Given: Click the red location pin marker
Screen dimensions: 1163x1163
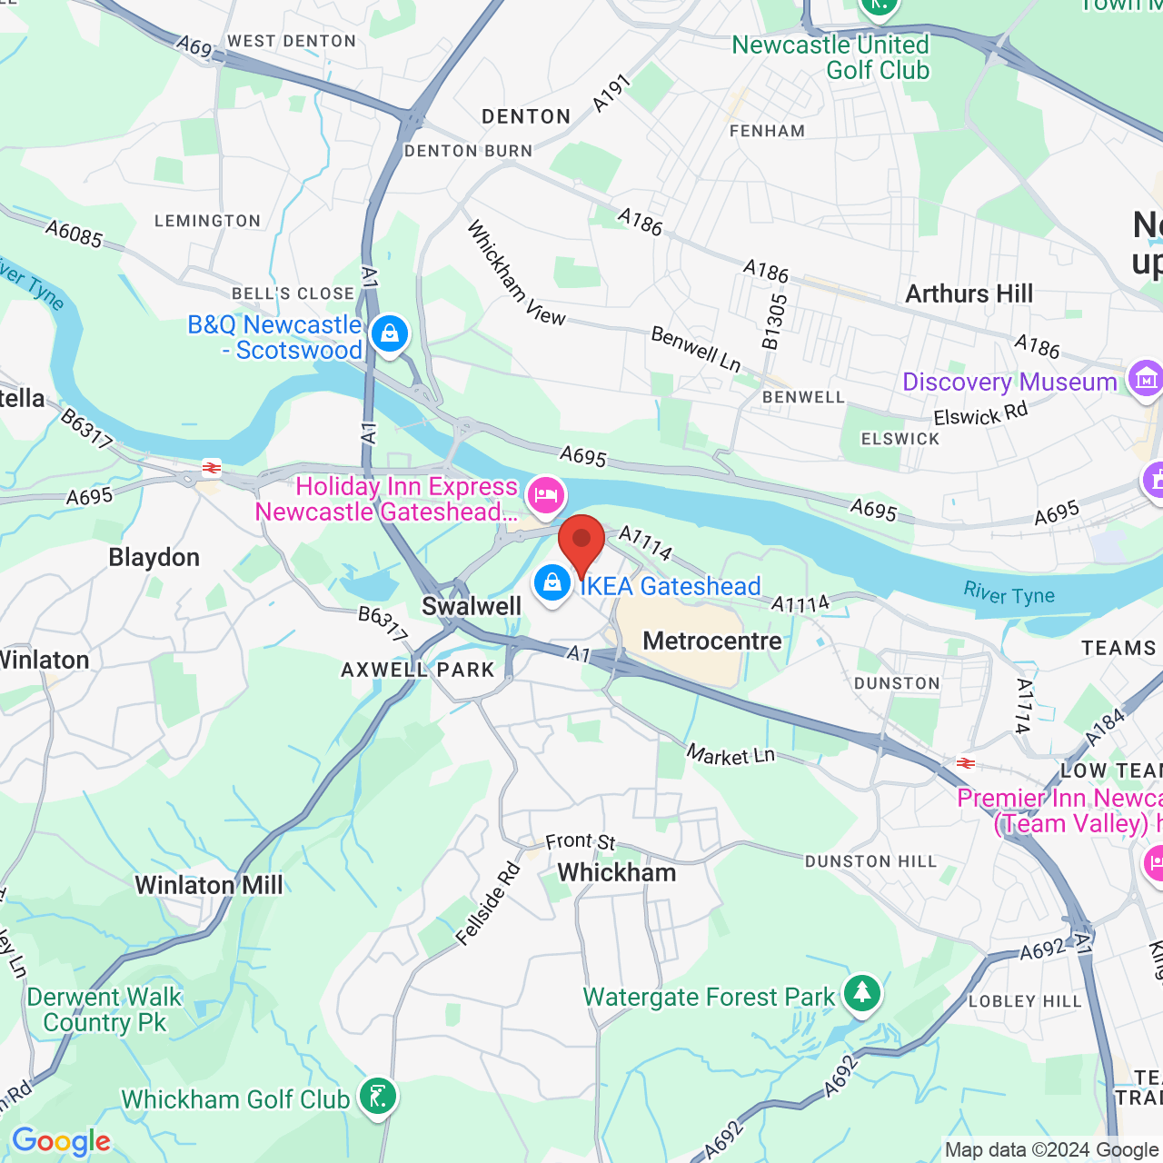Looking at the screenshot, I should [x=581, y=542].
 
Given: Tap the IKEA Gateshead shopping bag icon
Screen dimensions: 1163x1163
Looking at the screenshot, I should [x=552, y=584].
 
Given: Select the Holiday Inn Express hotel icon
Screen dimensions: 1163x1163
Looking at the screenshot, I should [x=545, y=495].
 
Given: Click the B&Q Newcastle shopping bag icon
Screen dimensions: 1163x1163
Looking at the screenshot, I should [x=390, y=334].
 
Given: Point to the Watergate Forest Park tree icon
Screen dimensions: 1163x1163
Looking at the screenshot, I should [x=861, y=993].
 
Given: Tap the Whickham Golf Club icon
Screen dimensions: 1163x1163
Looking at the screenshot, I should [x=377, y=1096].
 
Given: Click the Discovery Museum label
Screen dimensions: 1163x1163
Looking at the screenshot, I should [x=1009, y=383].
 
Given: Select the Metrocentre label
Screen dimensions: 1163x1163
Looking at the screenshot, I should [x=712, y=641].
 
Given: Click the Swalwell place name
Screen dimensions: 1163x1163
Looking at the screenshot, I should [x=472, y=607].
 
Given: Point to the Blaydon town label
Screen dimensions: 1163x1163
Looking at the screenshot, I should [x=154, y=558].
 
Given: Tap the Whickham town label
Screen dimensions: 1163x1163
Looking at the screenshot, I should [x=616, y=873].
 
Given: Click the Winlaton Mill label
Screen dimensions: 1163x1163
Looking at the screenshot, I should [x=209, y=885].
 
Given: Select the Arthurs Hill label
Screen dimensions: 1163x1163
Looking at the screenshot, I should [x=969, y=294].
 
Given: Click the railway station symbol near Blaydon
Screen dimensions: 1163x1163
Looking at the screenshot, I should [x=212, y=469].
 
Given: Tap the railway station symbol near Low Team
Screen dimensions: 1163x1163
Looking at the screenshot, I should [x=966, y=763].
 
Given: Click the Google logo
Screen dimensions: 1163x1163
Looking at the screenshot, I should [x=61, y=1141].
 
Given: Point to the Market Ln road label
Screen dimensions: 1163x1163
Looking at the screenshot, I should [x=731, y=755].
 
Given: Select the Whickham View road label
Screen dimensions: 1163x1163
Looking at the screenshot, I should [x=514, y=273].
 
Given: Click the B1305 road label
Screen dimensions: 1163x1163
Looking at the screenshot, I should [x=775, y=322].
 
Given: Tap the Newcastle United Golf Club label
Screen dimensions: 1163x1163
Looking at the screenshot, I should [x=830, y=57].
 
